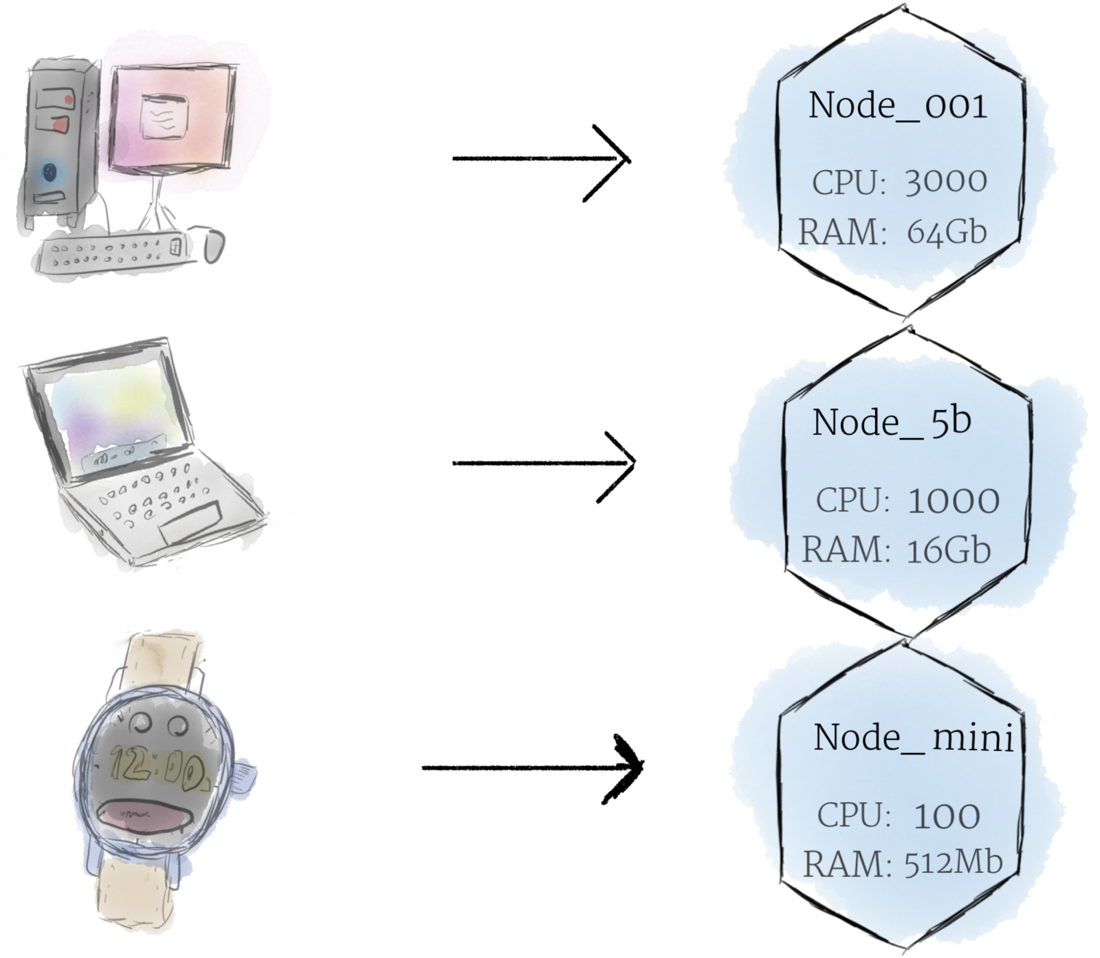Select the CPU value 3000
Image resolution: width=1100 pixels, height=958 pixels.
(x=945, y=182)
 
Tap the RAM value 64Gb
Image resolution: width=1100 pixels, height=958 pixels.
(x=947, y=232)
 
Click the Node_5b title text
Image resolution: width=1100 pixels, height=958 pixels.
(x=892, y=422)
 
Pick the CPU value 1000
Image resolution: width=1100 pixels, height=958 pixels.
(x=953, y=500)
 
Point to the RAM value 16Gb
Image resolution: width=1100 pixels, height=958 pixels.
(x=948, y=550)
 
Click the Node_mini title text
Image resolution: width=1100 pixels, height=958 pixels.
(x=914, y=737)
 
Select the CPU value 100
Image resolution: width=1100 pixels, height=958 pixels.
(x=947, y=816)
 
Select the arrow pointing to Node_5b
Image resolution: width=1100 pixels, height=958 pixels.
(x=543, y=463)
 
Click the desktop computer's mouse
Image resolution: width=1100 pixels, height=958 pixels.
(x=214, y=245)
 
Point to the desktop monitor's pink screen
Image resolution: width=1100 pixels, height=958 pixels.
(x=172, y=117)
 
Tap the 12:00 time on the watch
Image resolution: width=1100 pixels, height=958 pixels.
(x=157, y=768)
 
